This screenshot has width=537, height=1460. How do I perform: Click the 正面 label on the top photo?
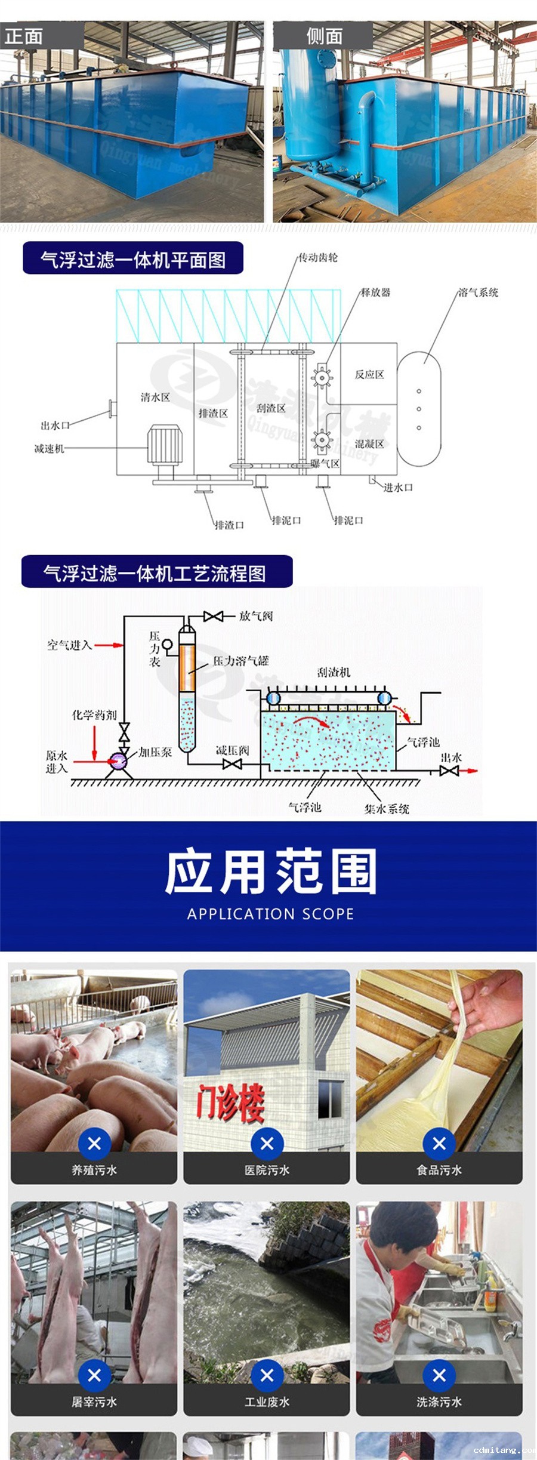point(24,36)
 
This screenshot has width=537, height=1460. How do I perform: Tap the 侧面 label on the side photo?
point(325,36)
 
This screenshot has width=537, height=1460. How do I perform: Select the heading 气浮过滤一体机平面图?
point(133,260)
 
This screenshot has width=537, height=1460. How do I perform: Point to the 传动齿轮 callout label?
point(318,258)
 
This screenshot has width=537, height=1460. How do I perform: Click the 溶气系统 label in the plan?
point(478,292)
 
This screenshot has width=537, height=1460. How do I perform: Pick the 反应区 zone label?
point(369,375)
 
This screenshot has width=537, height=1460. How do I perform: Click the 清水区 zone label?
point(155,398)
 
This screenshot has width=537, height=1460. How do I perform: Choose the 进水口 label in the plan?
point(398,488)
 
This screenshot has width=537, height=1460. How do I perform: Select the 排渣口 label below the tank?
point(229,525)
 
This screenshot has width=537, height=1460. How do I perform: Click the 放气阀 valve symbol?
point(213,616)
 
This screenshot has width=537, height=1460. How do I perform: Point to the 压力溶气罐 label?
point(241,661)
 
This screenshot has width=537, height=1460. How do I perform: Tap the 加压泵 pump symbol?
point(118,761)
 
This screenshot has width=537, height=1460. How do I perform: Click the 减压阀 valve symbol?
point(232,764)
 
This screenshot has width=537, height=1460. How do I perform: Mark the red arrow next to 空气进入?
point(109,645)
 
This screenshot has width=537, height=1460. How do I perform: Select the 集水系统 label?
point(387,809)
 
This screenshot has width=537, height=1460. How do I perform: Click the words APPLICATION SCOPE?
point(270,914)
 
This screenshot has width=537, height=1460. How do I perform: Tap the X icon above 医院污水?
point(267,1144)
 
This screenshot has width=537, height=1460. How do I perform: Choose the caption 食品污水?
point(439,1171)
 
